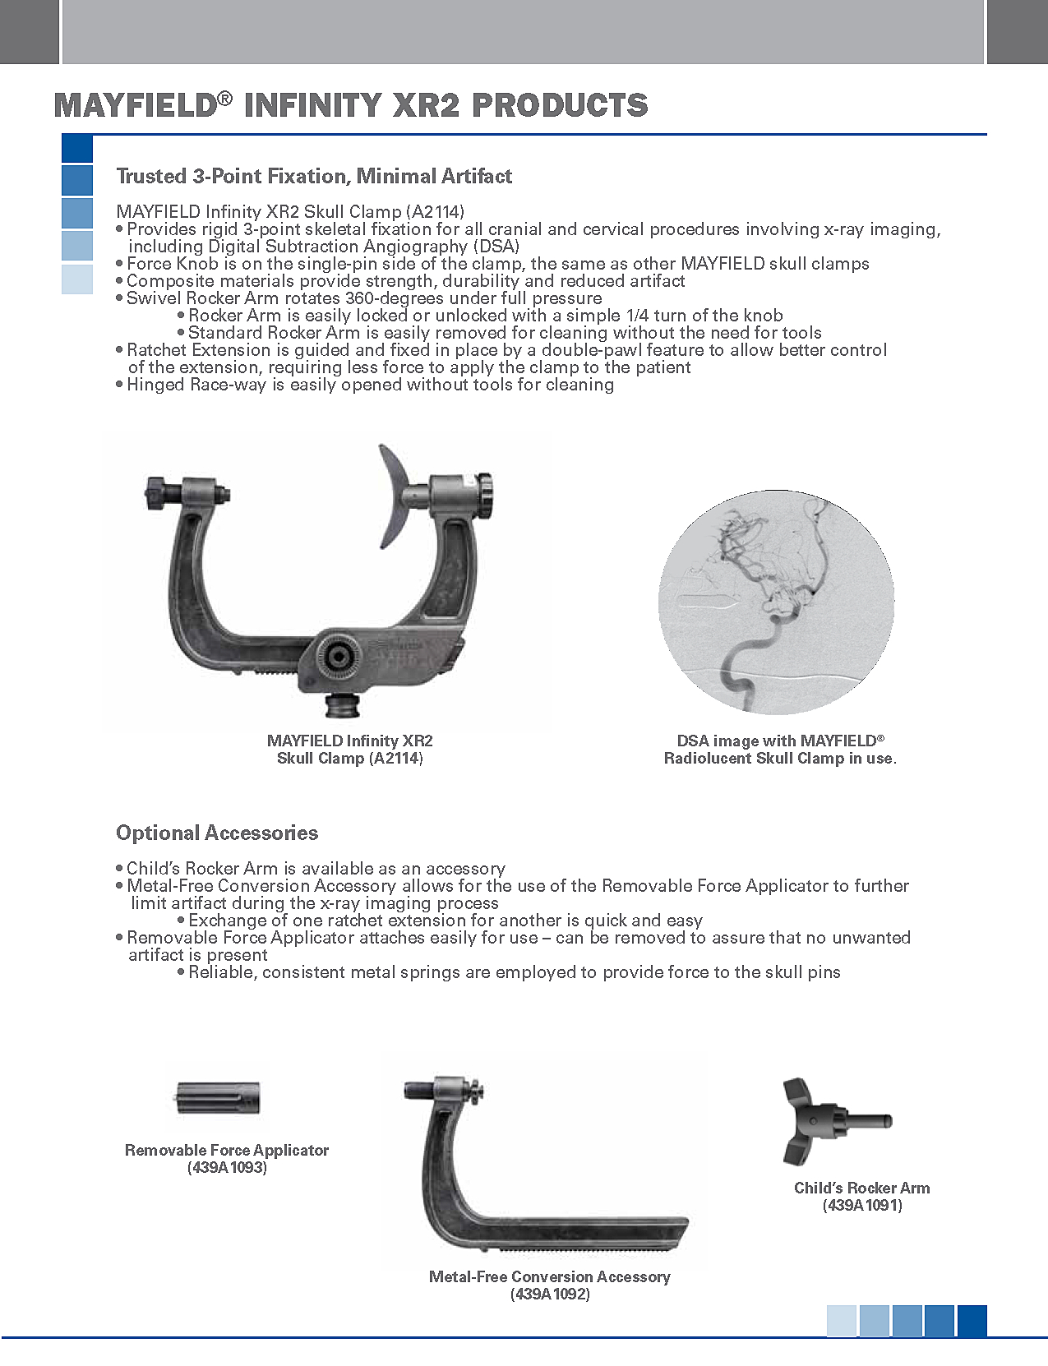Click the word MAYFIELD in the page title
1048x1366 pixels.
(135, 105)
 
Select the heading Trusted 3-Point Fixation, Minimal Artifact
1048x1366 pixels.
(314, 176)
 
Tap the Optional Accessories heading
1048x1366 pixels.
(217, 833)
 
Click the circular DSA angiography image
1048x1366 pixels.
(776, 602)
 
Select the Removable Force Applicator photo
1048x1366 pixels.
(218, 1097)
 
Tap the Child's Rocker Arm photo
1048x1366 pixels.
(830, 1121)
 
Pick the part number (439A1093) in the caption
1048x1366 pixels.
(227, 1168)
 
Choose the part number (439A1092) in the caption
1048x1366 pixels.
(550, 1294)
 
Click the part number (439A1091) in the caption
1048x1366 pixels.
(862, 1206)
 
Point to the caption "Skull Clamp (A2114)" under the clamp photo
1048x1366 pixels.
(350, 759)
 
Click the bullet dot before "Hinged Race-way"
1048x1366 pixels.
(120, 385)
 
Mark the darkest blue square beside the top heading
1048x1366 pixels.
(77, 149)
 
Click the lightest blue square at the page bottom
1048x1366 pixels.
(842, 1321)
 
